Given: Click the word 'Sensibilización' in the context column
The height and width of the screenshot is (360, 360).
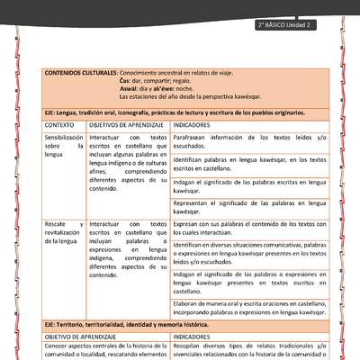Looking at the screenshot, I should [x=64, y=137].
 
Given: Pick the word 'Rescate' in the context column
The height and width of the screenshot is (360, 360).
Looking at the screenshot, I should [x=56, y=223].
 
